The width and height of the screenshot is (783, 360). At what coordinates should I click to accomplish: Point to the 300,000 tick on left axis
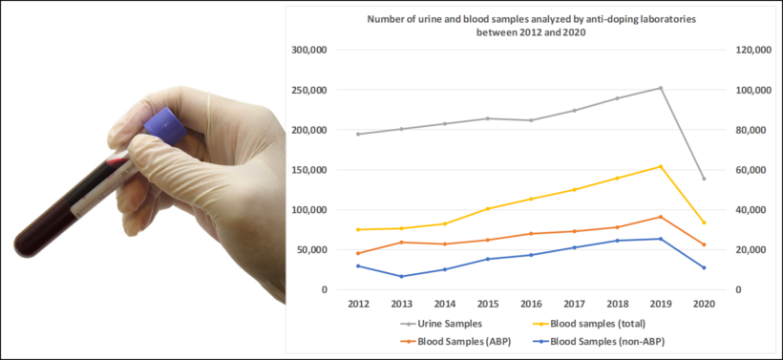[x=308, y=50]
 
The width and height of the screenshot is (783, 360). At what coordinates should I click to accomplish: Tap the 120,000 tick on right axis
[x=749, y=50]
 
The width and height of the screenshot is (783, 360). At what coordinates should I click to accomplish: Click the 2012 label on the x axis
[x=358, y=304]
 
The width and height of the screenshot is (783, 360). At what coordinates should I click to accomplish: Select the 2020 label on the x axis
[x=704, y=304]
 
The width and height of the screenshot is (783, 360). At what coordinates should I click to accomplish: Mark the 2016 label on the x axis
[x=531, y=304]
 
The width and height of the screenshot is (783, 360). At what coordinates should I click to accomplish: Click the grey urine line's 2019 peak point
[x=661, y=88]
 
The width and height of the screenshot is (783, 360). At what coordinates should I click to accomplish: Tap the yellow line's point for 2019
[x=661, y=166]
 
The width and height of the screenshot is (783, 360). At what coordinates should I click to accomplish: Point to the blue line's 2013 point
[x=401, y=276]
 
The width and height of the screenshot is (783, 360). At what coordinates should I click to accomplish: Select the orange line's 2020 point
[x=704, y=244]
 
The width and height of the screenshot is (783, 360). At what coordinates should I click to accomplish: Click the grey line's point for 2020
[x=704, y=179]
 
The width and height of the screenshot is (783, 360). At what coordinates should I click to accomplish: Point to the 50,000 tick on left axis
[x=311, y=249]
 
